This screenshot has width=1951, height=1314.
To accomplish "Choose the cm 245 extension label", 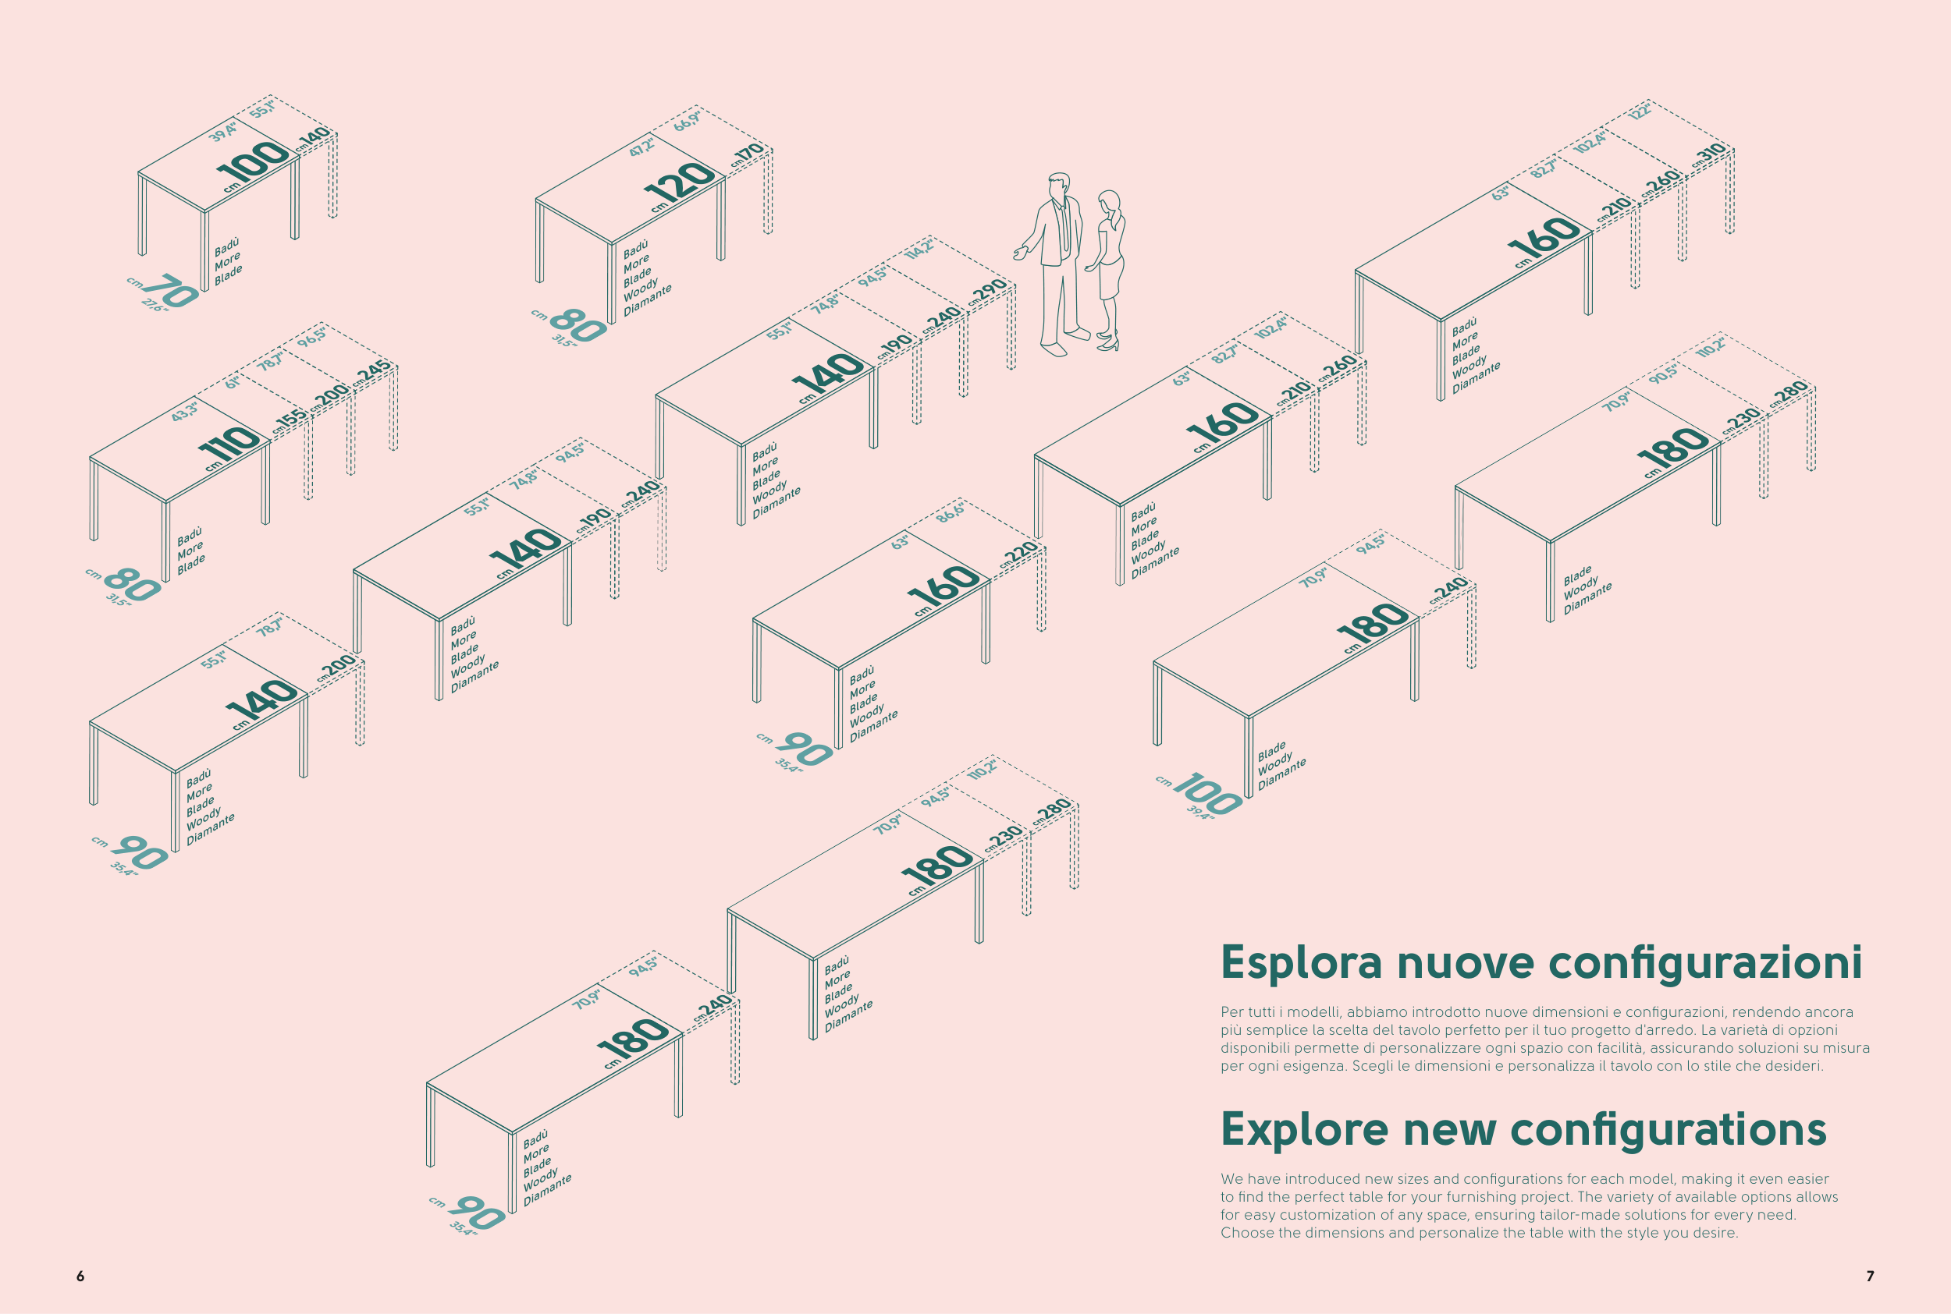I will coord(372,373).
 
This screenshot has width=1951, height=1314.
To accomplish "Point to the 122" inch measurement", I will coord(1640,111).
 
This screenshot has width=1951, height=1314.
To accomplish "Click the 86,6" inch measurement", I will coord(950,513).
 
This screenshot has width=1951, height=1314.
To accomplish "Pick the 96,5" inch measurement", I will coord(312,337).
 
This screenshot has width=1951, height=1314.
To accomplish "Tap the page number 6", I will coord(80,1276).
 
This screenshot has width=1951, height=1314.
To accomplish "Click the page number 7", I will coord(1870,1276).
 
